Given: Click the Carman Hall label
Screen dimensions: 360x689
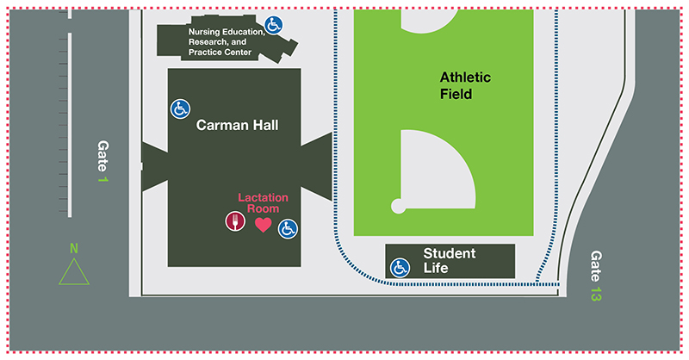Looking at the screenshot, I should [237, 125].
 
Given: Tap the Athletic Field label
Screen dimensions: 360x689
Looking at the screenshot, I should [460, 85].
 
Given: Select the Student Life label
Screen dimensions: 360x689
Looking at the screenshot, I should [449, 260].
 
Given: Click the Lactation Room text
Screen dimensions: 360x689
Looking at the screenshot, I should [263, 203].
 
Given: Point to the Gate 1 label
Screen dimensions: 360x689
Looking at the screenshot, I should [103, 161].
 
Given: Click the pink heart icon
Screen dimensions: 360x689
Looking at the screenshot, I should [264, 225].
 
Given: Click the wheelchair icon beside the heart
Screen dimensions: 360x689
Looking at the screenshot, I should [288, 228].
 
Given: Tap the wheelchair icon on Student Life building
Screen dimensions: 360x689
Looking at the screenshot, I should [400, 268].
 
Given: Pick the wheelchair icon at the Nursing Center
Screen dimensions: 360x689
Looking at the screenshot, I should [274, 25].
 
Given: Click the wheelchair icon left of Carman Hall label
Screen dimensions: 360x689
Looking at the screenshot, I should [180, 109].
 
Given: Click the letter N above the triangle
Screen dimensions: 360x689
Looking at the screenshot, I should [74, 249].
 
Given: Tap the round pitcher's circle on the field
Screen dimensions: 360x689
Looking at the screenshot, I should [398, 206].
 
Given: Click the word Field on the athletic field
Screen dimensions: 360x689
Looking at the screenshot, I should [456, 94].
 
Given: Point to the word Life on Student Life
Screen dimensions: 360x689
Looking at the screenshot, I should [436, 268].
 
